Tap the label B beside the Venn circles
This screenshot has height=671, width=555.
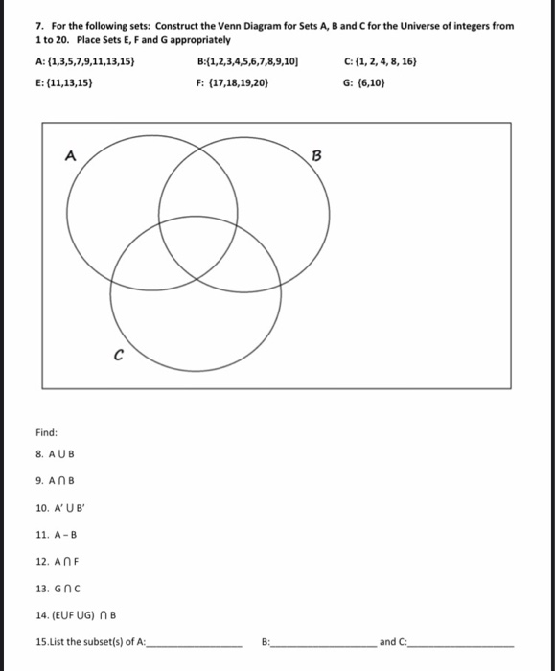(x=318, y=154)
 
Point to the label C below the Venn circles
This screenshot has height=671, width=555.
(x=118, y=354)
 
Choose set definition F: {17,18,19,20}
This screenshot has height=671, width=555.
(x=232, y=82)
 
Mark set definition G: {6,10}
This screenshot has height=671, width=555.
(x=365, y=82)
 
